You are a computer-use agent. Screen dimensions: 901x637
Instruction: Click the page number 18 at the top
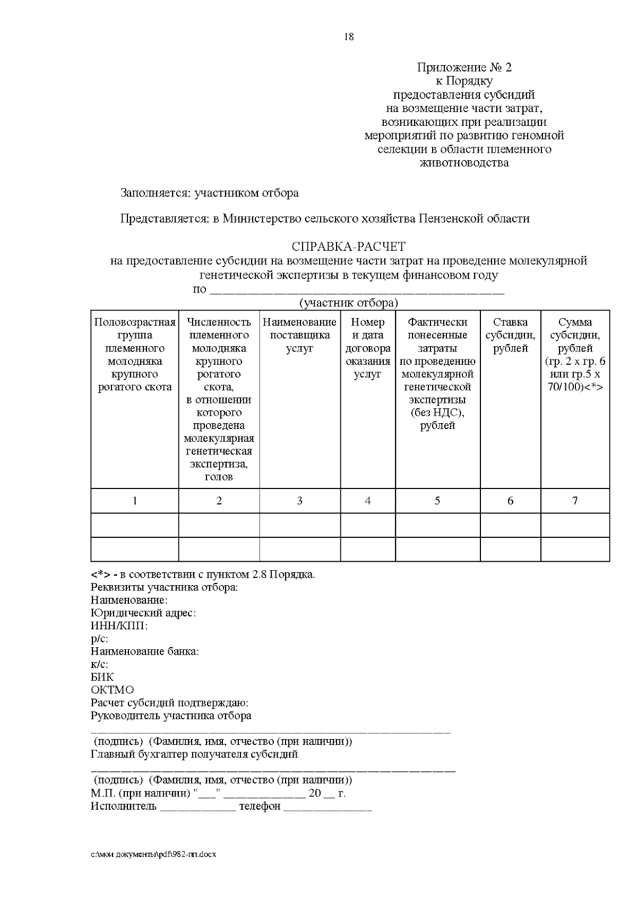(349, 37)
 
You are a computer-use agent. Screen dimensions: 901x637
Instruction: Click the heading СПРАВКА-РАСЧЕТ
(349, 247)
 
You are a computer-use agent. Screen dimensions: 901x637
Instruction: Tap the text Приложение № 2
(464, 67)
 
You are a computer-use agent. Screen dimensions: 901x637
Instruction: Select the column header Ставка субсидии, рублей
(510, 335)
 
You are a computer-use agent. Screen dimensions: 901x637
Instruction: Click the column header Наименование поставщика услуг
(299, 335)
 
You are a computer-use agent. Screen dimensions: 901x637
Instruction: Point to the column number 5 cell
(437, 501)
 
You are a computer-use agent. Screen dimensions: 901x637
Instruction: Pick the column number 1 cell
(135, 501)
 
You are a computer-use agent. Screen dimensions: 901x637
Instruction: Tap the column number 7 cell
(575, 501)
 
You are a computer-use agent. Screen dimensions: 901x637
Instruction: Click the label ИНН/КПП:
(119, 626)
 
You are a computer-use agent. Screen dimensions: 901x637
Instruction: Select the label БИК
(102, 677)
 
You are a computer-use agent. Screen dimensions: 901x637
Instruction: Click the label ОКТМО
(112, 690)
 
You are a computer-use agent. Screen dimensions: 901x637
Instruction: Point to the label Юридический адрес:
(143, 613)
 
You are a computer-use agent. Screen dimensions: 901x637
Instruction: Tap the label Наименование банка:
(144, 651)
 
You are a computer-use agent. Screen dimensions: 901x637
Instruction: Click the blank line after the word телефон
(328, 809)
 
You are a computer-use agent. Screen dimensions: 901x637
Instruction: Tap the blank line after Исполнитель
(198, 809)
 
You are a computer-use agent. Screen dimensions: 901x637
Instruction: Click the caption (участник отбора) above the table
(348, 303)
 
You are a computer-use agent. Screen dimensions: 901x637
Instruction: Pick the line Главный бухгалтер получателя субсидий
(194, 754)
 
